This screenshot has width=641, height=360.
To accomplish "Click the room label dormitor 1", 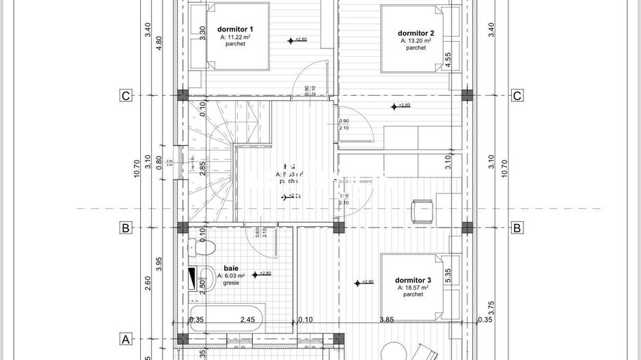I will [x=235, y=29].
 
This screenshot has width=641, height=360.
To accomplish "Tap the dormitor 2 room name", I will [x=416, y=33].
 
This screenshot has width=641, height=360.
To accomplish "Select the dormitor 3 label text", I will [x=413, y=280].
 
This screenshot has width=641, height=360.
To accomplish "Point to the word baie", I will [x=230, y=268].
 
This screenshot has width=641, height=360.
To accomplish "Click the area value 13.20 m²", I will [x=415, y=41].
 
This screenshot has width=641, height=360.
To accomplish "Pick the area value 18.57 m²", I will [x=413, y=288].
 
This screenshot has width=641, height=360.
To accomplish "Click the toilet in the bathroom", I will [x=208, y=248].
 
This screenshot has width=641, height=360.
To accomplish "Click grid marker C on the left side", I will [x=125, y=96].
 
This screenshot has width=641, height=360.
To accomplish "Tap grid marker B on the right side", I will [x=517, y=228].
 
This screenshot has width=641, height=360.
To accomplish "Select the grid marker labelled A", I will [x=125, y=339].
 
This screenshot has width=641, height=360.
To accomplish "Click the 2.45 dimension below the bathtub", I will [x=247, y=320].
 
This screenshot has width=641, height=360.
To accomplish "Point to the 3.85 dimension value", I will [x=388, y=320].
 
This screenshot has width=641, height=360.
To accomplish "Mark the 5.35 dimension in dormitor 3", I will [x=448, y=275].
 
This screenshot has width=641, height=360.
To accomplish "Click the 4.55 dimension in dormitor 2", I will [x=448, y=59].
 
